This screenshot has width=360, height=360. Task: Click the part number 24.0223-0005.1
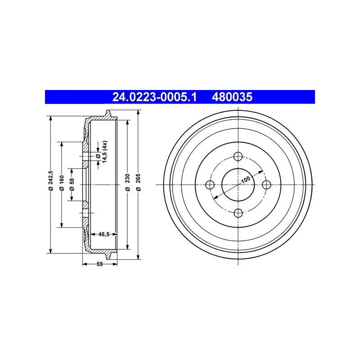pyautogui.click(x=154, y=97)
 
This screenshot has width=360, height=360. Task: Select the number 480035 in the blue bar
pyautogui.click(x=232, y=97)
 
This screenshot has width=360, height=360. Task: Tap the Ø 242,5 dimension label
pyautogui.click(x=51, y=181)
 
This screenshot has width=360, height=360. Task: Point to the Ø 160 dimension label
pyautogui.click(x=61, y=183)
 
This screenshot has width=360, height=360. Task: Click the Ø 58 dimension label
pyautogui.click(x=72, y=184)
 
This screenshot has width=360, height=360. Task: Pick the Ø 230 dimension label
pyautogui.click(x=128, y=183)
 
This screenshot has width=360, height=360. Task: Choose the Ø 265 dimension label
pyautogui.click(x=138, y=183)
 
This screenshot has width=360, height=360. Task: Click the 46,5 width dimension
pyautogui.click(x=104, y=234)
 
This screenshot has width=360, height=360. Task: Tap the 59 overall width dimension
pyautogui.click(x=99, y=264)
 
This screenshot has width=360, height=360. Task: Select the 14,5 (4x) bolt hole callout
pyautogui.click(x=102, y=152)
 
